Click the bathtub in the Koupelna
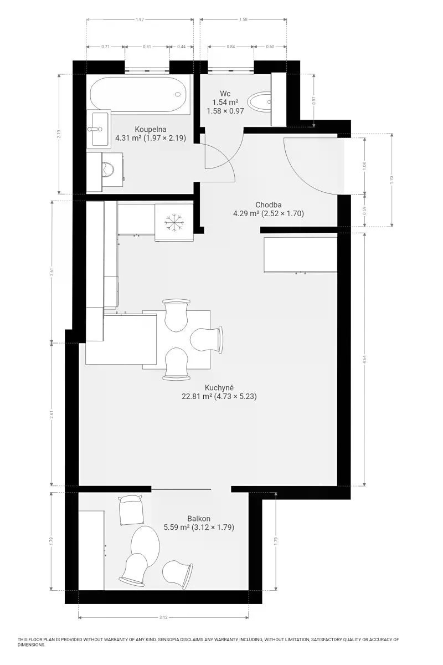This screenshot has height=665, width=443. (x=138, y=94)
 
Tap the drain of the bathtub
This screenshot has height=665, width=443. (x=178, y=94)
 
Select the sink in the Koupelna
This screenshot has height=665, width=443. (x=99, y=129)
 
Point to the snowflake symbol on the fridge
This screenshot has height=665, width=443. (x=174, y=222)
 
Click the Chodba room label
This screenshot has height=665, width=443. (x=268, y=205)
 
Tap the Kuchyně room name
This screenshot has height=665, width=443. (x=219, y=388)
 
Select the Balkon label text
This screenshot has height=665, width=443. (x=198, y=519)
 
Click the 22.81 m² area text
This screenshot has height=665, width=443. (x=197, y=396)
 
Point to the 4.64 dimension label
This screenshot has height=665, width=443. (x=365, y=359)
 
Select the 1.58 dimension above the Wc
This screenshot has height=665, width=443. (x=243, y=19)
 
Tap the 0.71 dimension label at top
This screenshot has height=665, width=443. (x=105, y=47)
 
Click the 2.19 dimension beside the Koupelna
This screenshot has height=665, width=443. (x=59, y=135)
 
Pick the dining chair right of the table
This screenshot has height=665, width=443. (x=207, y=339)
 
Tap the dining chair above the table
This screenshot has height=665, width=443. (x=176, y=315)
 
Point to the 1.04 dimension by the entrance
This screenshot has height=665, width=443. (x=365, y=166)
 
